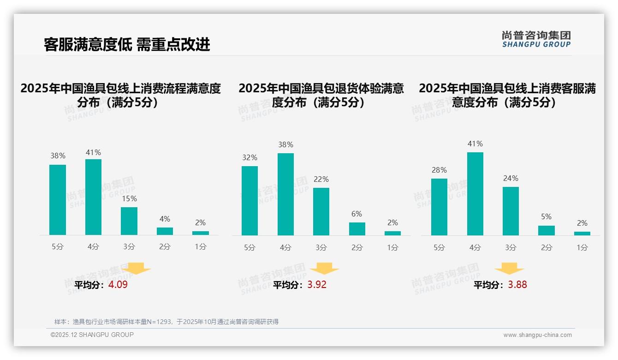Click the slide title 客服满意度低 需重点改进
pyautogui.click(x=127, y=44)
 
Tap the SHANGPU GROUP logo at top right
pyautogui.click(x=536, y=39)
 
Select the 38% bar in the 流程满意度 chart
pyautogui.click(x=58, y=200)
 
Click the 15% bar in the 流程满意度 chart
pyautogui.click(x=129, y=221)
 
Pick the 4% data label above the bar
pyautogui.click(x=165, y=219)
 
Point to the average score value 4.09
pyautogui.click(x=118, y=285)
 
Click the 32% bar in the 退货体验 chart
pyautogui.click(x=250, y=201)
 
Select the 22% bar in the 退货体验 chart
pyautogui.click(x=321, y=211)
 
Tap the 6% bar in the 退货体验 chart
pyautogui.click(x=357, y=229)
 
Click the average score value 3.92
pyautogui.click(x=317, y=285)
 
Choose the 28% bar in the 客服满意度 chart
pyautogui.click(x=439, y=207)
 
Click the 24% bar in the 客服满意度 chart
pyautogui.click(x=511, y=211)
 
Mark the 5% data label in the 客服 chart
pyautogui.click(x=546, y=216)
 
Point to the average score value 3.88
pyautogui.click(x=517, y=285)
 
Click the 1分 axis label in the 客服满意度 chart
pyautogui.click(x=582, y=247)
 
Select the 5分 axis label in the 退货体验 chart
pyautogui.click(x=250, y=247)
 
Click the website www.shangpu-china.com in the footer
pyautogui.click(x=537, y=335)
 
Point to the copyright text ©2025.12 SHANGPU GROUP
pyautogui.click(x=92, y=335)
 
